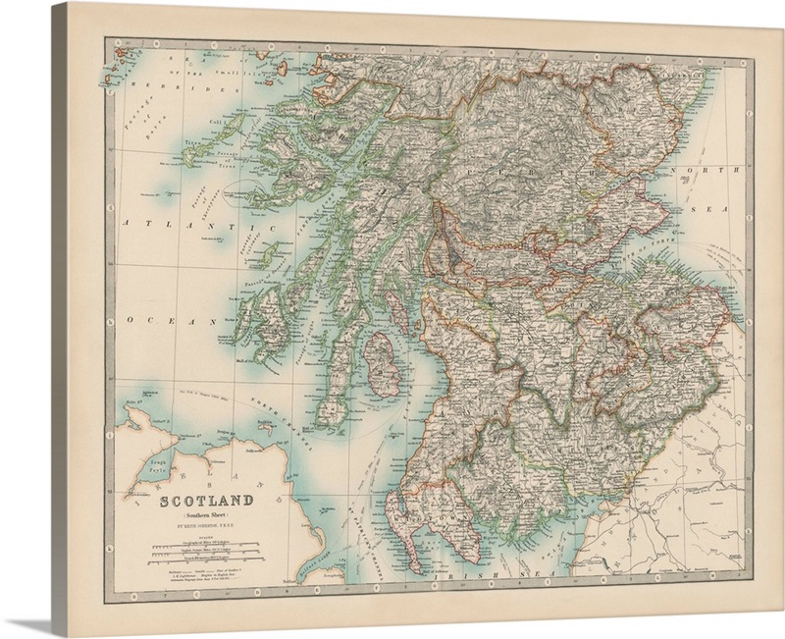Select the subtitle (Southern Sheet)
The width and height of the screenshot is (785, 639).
click(x=207, y=516)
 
